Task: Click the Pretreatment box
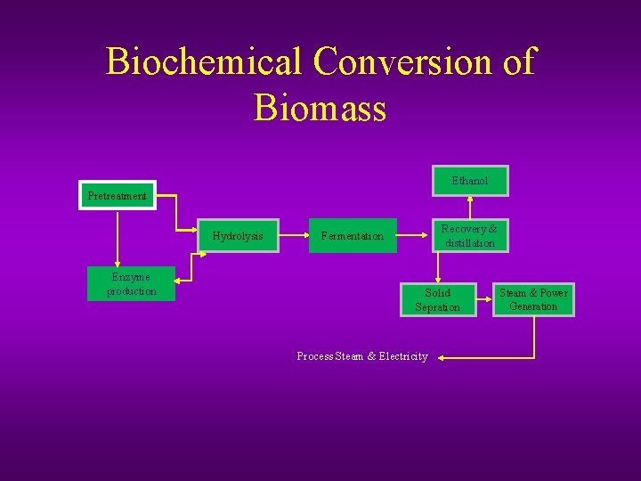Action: [118, 195]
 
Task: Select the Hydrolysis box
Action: [238, 236]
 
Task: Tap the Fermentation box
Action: [353, 236]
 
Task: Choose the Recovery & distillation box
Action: [470, 236]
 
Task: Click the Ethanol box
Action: [470, 181]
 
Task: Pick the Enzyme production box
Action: [132, 284]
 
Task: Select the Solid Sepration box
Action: [438, 299]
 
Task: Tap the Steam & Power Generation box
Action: [533, 299]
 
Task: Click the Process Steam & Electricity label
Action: [361, 356]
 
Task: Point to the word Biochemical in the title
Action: [204, 61]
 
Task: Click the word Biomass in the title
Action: [320, 108]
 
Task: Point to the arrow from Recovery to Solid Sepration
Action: [437, 267]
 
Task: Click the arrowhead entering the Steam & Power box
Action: [491, 293]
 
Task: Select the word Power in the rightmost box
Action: [554, 293]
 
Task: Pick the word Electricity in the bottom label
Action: [403, 356]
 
